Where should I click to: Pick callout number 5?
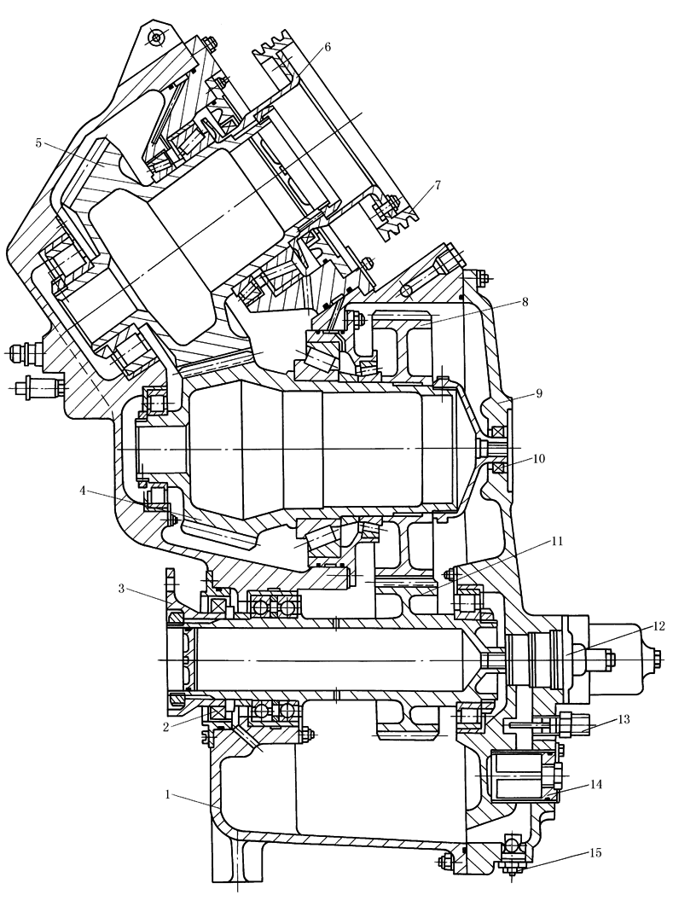point(39,142)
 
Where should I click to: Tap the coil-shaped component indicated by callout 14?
point(519,775)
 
